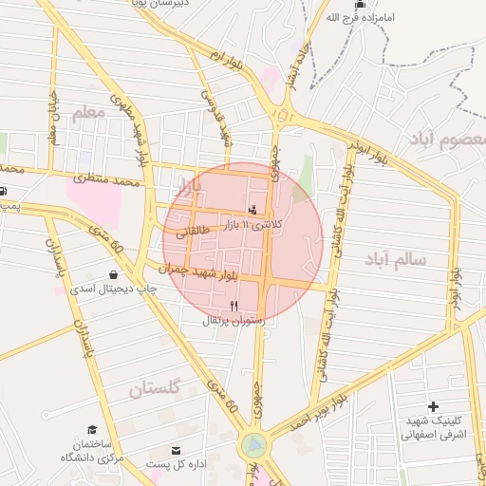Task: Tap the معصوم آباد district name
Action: [x=447, y=140]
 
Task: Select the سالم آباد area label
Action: [x=394, y=258]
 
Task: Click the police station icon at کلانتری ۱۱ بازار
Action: [x=252, y=209]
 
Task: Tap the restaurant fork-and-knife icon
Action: [x=234, y=306]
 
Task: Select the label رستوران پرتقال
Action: [x=237, y=321]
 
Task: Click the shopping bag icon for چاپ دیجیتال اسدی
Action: [x=113, y=274]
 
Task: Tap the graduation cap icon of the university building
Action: [x=92, y=430]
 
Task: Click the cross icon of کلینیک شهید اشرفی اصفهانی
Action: [x=433, y=406]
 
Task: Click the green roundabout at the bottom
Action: [x=253, y=444]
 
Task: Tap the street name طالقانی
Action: [x=191, y=230]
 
